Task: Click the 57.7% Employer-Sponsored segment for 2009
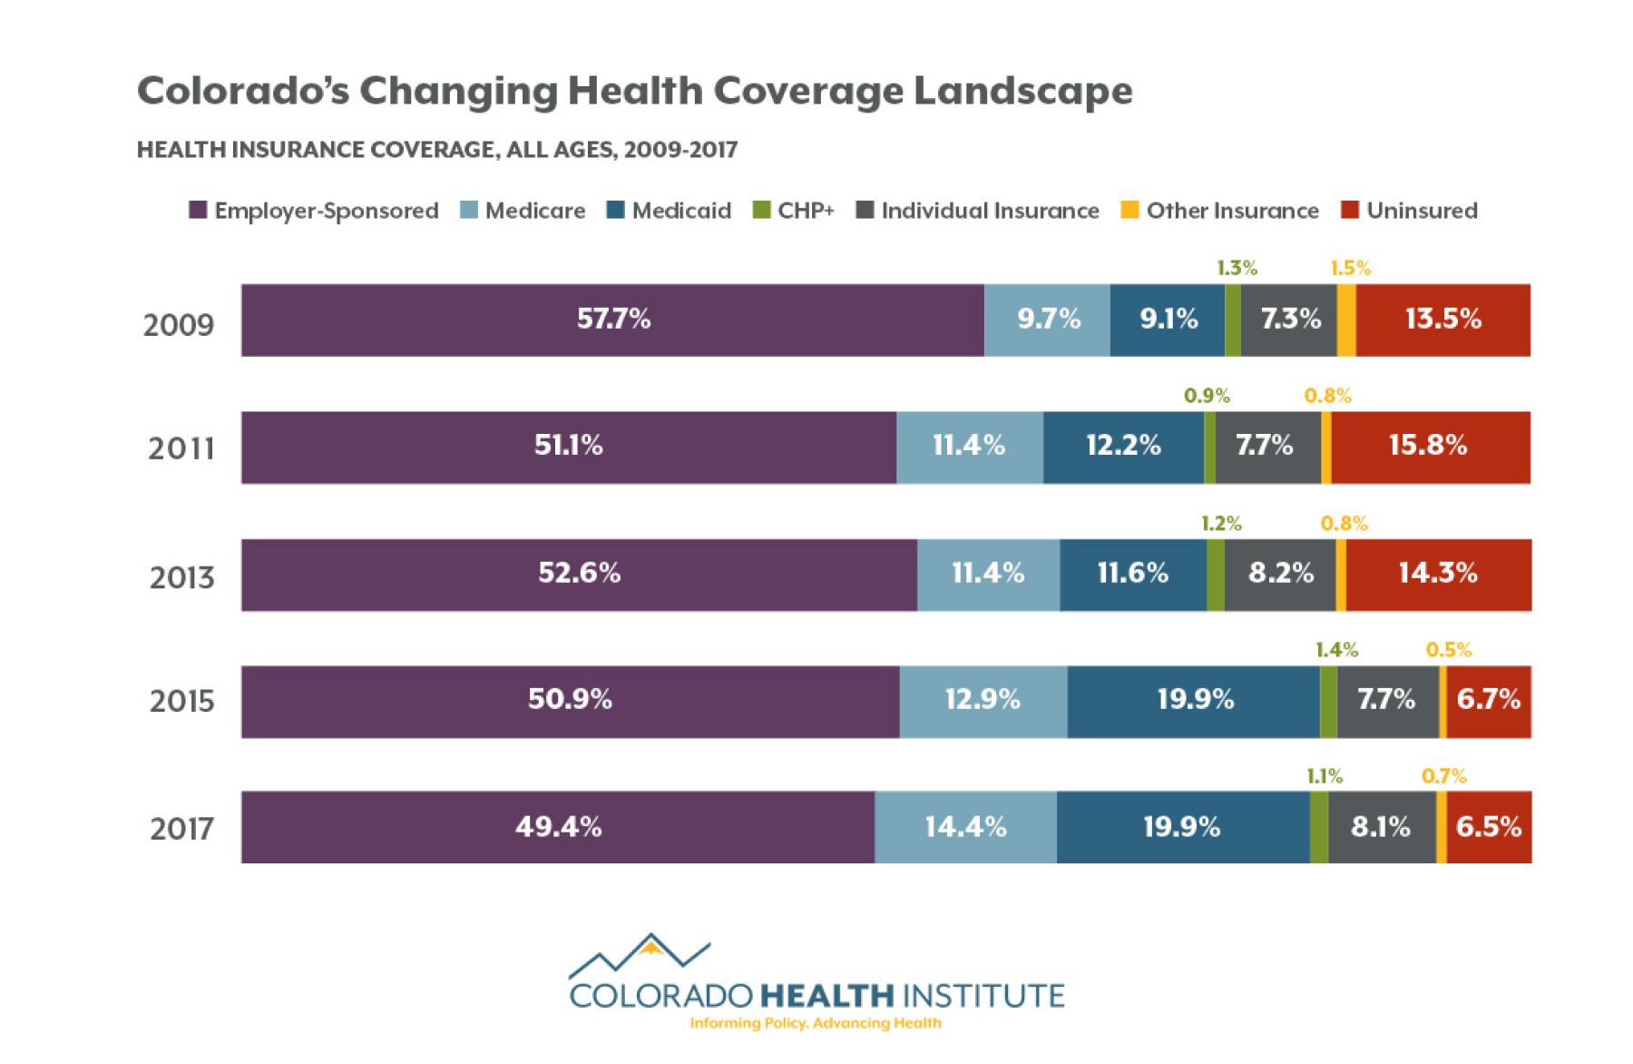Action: coord(613,320)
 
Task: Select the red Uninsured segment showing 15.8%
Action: coord(1430,447)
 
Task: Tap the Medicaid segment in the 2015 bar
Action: coord(1194,701)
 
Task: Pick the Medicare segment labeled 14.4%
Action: coord(965,827)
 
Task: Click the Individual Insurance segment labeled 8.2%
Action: coord(1280,575)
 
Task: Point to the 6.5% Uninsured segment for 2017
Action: coord(1489,827)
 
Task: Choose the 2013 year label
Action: coord(181,577)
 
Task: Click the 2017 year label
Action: coord(181,829)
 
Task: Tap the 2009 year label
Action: coord(178,324)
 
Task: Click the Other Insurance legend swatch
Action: coord(1129,211)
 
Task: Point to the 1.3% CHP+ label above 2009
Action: coord(1237,268)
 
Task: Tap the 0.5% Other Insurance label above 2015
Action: coord(1448,649)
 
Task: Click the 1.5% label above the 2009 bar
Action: coord(1350,268)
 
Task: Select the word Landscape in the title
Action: coord(1022,91)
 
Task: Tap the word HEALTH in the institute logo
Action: coord(826,995)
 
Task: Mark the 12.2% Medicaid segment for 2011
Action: coord(1123,447)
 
